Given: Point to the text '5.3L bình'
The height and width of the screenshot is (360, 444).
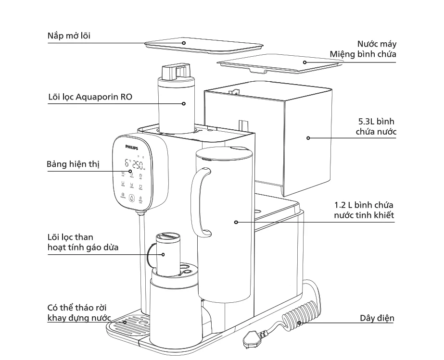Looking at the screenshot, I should point(374,121).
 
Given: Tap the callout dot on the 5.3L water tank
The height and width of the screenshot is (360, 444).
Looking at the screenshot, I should point(308,138).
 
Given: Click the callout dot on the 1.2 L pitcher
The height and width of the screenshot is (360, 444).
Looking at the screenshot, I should point(236,222).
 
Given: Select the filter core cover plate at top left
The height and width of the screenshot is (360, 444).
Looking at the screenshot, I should point(183,44).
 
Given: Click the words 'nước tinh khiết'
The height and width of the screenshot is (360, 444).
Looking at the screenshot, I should point(364,215).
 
